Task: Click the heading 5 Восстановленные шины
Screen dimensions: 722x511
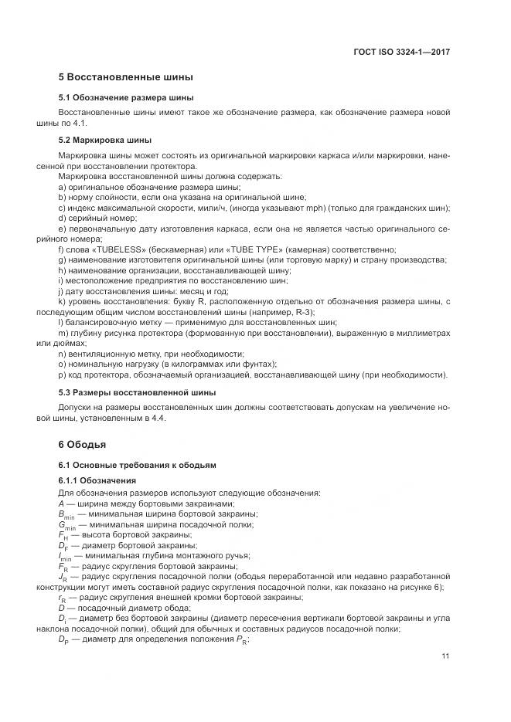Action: coord(125,78)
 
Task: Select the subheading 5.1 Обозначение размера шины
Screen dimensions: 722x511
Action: coord(126,98)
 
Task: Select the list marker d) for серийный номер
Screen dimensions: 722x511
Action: coord(62,219)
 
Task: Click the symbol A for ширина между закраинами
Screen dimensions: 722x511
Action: coord(62,503)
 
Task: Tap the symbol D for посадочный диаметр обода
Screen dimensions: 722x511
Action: coord(62,607)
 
